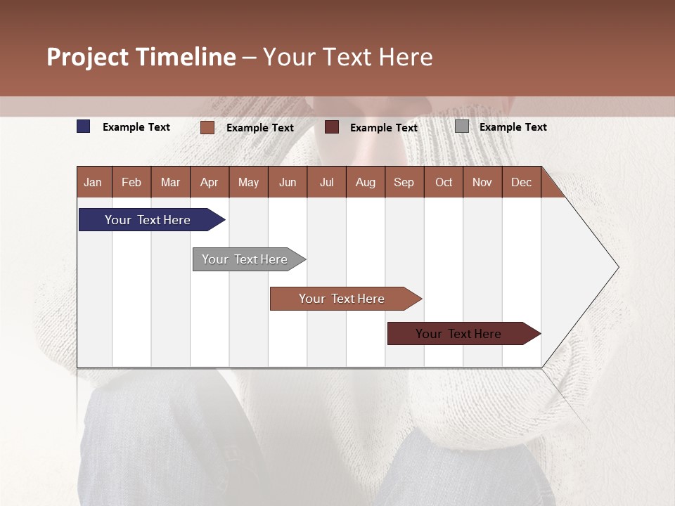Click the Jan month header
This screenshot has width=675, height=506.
(94, 183)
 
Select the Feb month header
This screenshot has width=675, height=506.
(131, 183)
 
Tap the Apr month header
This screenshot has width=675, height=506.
(210, 183)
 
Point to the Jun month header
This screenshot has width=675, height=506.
(288, 183)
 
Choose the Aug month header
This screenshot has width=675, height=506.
(366, 183)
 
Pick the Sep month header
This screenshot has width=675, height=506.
(404, 183)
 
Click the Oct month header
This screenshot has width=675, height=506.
(444, 183)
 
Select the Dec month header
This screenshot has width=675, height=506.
(522, 183)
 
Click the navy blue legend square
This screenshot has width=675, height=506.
(84, 126)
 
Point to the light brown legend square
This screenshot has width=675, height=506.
(207, 127)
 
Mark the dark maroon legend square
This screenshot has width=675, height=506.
(332, 127)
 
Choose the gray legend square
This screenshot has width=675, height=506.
(462, 126)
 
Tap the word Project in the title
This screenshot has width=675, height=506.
(88, 57)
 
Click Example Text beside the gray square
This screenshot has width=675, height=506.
(513, 127)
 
